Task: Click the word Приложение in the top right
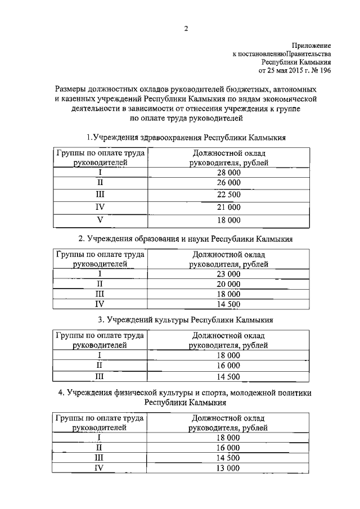tap(310, 44)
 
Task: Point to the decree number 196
tap(324, 71)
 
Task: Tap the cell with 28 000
tap(228, 172)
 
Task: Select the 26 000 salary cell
tap(228, 183)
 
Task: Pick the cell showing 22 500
tap(228, 195)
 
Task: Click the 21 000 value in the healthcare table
tap(228, 208)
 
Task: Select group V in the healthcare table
tap(100, 220)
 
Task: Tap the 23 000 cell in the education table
tap(228, 274)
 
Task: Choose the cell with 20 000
tap(228, 284)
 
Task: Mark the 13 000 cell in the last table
tap(228, 468)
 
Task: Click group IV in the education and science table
tap(100, 304)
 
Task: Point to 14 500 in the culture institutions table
tap(228, 376)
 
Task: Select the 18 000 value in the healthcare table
tap(228, 220)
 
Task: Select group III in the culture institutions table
tap(100, 376)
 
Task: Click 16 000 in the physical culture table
tap(228, 448)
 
